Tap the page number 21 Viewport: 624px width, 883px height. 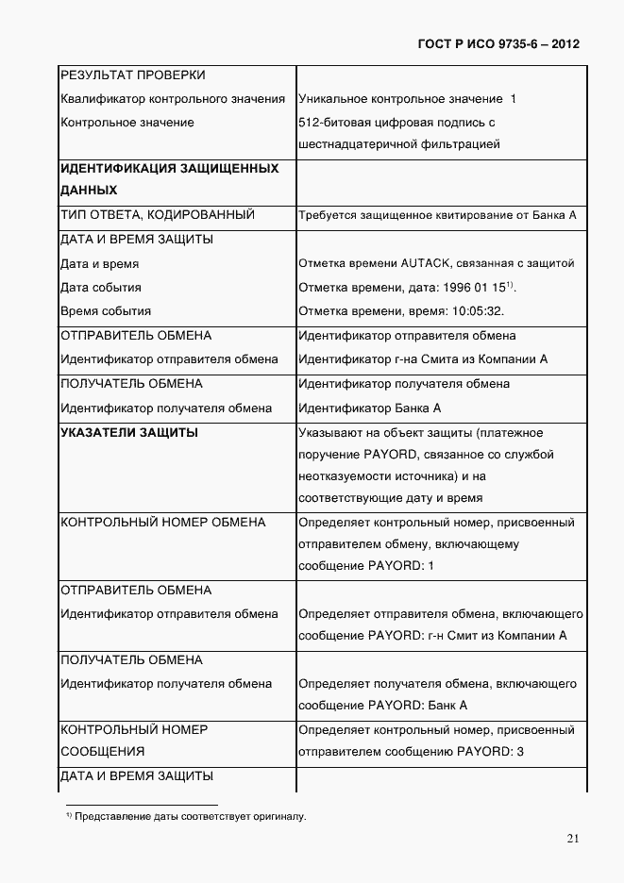(x=573, y=839)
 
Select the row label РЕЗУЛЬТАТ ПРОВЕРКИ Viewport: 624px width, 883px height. (x=133, y=75)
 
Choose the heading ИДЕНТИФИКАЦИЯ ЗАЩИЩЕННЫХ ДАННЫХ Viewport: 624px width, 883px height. (x=169, y=179)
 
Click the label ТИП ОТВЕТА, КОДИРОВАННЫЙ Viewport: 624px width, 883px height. (x=158, y=215)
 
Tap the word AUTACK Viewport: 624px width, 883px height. (x=428, y=263)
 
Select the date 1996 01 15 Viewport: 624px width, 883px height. (x=475, y=288)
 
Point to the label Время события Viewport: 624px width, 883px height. (x=106, y=311)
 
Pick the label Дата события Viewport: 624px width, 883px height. (x=101, y=288)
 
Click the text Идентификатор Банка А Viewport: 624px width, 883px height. (x=369, y=408)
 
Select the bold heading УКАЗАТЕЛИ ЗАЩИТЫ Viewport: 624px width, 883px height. (x=129, y=432)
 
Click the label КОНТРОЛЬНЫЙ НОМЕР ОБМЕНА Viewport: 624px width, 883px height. (x=163, y=522)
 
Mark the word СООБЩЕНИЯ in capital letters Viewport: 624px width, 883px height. (x=103, y=752)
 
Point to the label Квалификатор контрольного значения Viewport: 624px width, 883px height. (x=173, y=98)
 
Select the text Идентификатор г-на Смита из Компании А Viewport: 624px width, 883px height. (x=423, y=359)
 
